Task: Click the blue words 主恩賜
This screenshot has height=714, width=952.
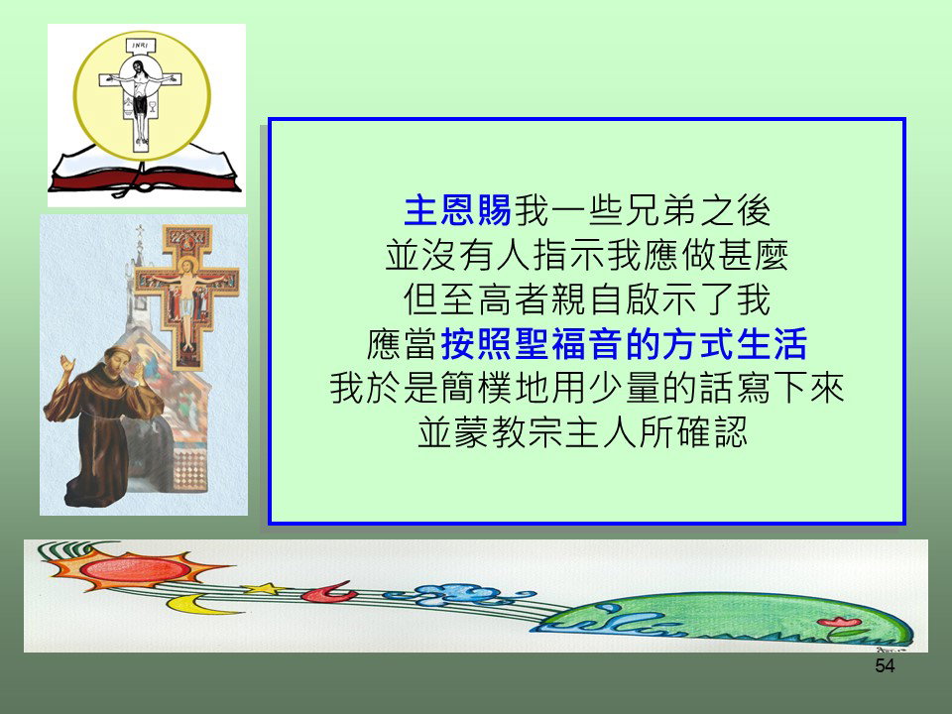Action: coord(458,210)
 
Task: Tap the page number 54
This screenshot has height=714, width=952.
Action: coord(885,666)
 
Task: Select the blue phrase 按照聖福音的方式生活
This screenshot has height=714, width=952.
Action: coord(624,344)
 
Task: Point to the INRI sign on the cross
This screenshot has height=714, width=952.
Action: coord(141,46)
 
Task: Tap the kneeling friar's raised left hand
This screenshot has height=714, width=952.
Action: coord(65,366)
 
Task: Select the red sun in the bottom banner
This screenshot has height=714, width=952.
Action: coord(135,568)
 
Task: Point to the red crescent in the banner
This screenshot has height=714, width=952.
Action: coord(328,592)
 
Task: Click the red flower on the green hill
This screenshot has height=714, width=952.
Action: coord(839,622)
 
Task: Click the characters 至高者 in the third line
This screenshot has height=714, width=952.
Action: coord(496,299)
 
